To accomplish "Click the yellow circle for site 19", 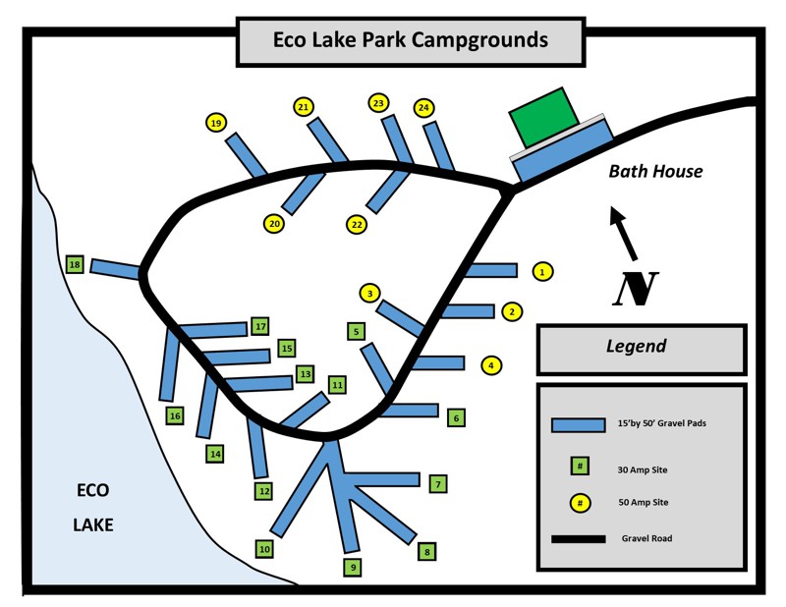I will click(215, 123).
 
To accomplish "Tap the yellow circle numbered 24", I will click(424, 107).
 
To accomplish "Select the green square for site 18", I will click(75, 264).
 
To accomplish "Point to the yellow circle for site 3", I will click(369, 293).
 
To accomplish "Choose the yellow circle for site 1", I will click(542, 271).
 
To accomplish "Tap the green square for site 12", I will click(263, 490).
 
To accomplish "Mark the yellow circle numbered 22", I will click(357, 225).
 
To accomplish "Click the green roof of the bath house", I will click(543, 115).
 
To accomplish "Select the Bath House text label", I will click(655, 171).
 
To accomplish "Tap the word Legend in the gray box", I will click(636, 346).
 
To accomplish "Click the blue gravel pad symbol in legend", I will click(578, 424).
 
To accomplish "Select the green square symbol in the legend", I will click(581, 466).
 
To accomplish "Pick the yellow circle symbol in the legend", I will click(581, 503).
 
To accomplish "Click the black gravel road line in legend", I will click(578, 539).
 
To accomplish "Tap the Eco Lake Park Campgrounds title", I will click(410, 41).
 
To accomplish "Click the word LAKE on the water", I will click(93, 524).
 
